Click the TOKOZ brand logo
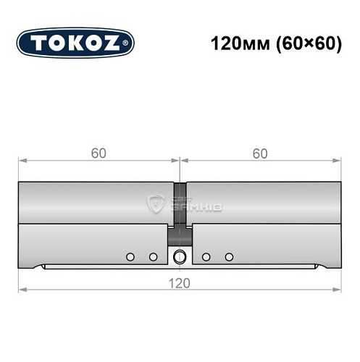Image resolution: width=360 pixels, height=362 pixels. (75, 43)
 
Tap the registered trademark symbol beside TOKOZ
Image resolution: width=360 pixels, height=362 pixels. (128, 43)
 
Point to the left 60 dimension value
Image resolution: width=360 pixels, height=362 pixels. (99, 153)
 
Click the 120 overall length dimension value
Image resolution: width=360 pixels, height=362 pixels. (180, 282)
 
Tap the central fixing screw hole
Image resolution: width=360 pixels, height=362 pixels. (180, 256)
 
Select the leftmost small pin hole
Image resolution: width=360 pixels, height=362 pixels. (130, 257)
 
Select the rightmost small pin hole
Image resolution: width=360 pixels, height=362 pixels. (230, 257)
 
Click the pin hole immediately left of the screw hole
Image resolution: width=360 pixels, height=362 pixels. (153, 257)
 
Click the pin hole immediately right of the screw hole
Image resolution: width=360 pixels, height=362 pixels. (206, 257)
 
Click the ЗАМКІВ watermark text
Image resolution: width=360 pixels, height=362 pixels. (196, 209)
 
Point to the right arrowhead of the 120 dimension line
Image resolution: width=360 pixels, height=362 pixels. (337, 289)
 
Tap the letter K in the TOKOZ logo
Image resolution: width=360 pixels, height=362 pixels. (75, 43)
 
